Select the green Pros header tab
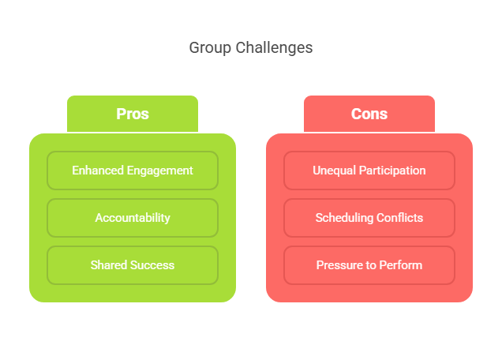[133, 114]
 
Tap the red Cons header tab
[369, 114]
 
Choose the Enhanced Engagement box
[133, 171]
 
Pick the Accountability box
[133, 218]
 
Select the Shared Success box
[133, 265]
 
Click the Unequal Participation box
[369, 171]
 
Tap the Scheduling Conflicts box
[369, 218]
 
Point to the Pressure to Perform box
[369, 265]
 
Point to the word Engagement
[162, 171]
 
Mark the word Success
[152, 265]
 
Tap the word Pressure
[340, 265]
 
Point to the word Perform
[400, 265]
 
